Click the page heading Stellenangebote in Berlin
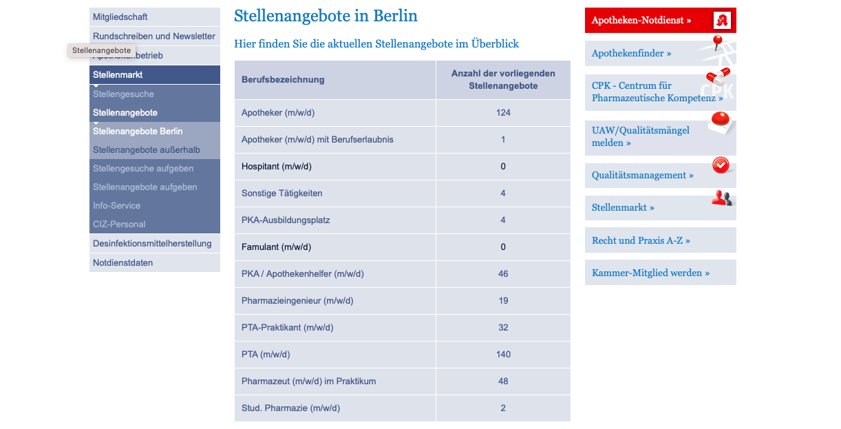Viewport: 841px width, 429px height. tap(326, 16)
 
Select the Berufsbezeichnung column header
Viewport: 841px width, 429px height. tap(282, 80)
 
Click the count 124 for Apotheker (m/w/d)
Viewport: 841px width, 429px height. tap(503, 113)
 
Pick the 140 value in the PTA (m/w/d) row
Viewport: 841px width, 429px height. tap(503, 355)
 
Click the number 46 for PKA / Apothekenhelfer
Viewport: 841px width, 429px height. tap(503, 274)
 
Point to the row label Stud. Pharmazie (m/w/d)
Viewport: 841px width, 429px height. tap(290, 408)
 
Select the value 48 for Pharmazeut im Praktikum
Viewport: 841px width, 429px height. tap(503, 381)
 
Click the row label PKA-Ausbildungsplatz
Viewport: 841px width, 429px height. tap(286, 220)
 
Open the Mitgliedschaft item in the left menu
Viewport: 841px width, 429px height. tap(120, 17)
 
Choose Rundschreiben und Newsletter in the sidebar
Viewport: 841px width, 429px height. tap(154, 36)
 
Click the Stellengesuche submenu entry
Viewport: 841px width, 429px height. tap(124, 94)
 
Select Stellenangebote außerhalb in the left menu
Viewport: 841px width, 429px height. tap(147, 149)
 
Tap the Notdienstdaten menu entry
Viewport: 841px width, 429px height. tap(123, 262)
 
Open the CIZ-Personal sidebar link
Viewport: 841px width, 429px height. tap(119, 224)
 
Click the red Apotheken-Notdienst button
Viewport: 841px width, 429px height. tap(641, 21)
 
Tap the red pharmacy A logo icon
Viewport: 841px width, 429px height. tap(721, 20)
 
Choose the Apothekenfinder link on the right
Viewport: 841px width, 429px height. tap(631, 53)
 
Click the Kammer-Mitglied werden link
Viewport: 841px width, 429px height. tap(650, 273)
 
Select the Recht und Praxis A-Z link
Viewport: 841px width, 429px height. tap(641, 240)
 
